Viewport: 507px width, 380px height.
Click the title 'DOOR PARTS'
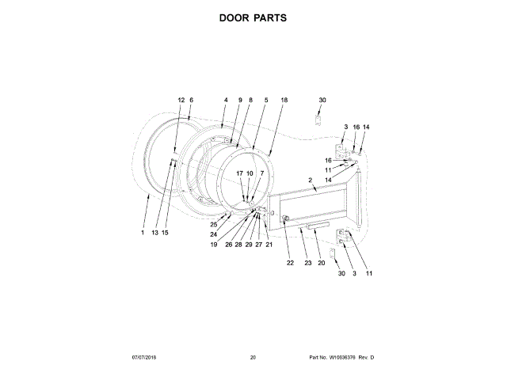(x=253, y=17)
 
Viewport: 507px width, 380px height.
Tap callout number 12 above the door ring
(x=181, y=100)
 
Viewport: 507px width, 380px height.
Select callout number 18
(x=284, y=100)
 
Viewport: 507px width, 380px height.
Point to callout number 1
(x=143, y=233)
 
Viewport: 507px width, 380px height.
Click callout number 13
(x=155, y=233)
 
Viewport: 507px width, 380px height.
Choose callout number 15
(x=166, y=233)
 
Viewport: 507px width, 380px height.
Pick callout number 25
(x=213, y=225)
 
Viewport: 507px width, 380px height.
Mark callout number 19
(x=213, y=245)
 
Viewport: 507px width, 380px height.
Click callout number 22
(x=290, y=263)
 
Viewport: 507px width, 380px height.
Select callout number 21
(x=269, y=245)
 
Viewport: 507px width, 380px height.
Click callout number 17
(x=240, y=173)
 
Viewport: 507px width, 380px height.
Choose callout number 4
(x=225, y=100)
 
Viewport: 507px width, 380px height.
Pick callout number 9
(x=240, y=100)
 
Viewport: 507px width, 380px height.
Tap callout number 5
(x=266, y=100)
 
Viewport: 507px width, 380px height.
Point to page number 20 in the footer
(x=253, y=358)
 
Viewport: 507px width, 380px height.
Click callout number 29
(x=248, y=245)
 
